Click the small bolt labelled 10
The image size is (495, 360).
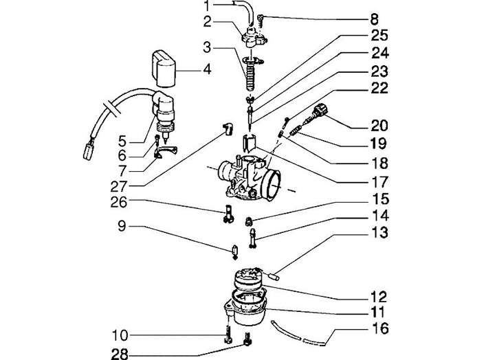point(226,336)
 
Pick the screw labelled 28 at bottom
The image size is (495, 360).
point(248,338)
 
